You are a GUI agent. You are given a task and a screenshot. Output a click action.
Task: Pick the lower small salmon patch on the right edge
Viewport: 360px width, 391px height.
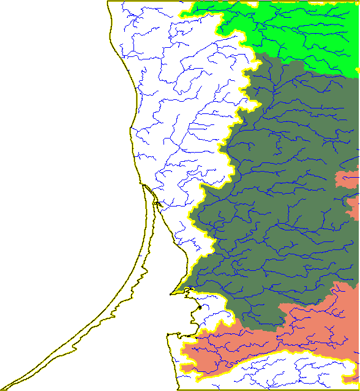[x=353, y=208]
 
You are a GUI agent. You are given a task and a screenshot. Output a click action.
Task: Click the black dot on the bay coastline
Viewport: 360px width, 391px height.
[x=200, y=306]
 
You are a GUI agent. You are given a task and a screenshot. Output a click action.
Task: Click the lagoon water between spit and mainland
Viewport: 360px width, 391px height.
[x=153, y=245]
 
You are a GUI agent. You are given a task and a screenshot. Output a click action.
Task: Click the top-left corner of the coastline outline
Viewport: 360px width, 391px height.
[x=108, y=2]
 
